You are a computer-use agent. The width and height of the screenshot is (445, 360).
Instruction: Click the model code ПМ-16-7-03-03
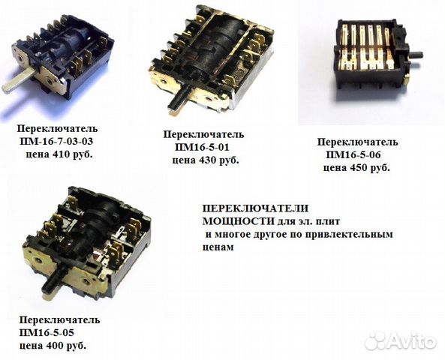point(56,141)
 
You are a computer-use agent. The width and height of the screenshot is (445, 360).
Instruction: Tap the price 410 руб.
point(74,154)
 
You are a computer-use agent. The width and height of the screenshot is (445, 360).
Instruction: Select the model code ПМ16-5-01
point(202,147)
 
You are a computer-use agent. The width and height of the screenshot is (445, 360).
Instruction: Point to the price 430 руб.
point(219,160)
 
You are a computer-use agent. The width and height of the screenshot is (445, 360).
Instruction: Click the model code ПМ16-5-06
point(353,155)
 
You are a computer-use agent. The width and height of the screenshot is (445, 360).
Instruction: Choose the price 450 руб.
point(371,168)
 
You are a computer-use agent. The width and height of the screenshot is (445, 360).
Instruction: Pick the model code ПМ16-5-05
point(47,332)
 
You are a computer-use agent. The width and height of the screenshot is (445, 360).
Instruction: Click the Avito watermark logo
point(401,340)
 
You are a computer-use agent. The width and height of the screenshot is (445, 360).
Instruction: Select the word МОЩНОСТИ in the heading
point(239,221)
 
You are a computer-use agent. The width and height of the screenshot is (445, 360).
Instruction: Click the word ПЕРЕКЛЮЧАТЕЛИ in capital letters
point(255,208)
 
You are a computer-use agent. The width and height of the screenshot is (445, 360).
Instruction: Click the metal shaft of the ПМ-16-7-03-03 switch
point(19,82)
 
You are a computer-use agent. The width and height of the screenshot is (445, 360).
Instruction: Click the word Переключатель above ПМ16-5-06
point(358,142)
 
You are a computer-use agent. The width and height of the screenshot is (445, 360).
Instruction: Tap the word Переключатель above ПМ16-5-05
point(59,320)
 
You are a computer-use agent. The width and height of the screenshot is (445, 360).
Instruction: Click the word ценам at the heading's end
point(218,247)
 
